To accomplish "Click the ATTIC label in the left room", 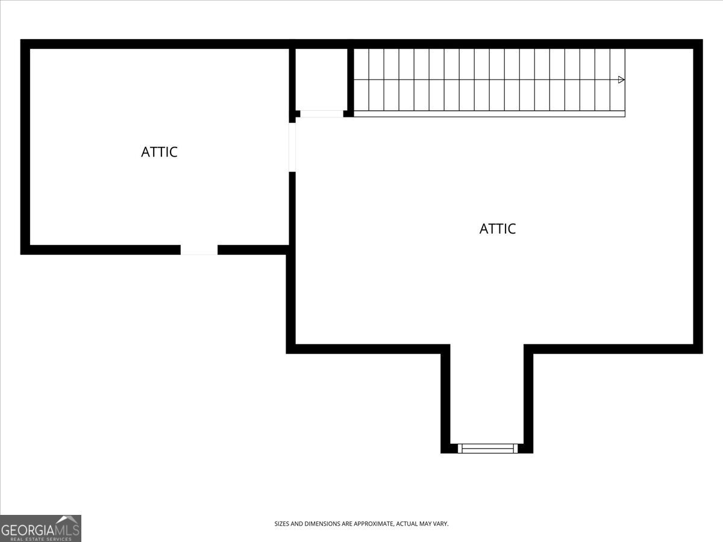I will coord(159,152).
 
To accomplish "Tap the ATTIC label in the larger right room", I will coord(498,229).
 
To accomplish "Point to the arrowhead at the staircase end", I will coord(621,79).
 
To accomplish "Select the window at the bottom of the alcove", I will coord(488,448).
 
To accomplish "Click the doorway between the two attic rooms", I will coord(292,147).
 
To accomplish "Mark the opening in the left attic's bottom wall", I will coord(199,250).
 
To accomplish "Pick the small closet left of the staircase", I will coord(321,78).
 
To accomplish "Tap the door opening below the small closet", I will coord(321,113).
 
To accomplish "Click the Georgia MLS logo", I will coord(40,528).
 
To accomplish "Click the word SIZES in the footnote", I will coord(283,524).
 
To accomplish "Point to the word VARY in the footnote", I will coord(440,524).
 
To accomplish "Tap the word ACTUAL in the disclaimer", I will coord(407,524).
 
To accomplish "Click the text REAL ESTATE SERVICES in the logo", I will coord(40,538).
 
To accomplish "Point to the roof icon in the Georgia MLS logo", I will coord(67,520).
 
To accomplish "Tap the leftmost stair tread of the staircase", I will coord(361,79).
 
